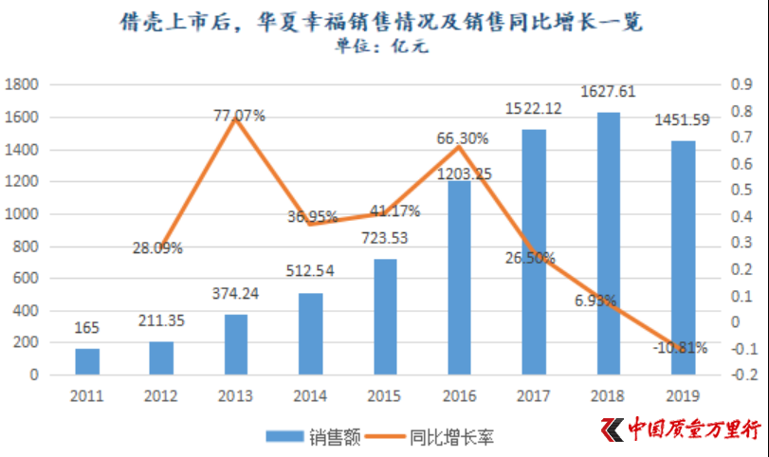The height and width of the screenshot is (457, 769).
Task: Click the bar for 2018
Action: pos(609,244)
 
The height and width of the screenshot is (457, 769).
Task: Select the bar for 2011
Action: pos(87,361)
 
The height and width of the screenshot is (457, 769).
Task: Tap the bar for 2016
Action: pos(460,278)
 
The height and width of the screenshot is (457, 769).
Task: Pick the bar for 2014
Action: pos(310,334)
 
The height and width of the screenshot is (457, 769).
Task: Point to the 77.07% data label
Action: pos(238,116)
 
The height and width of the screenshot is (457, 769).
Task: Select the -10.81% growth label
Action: pos(680,347)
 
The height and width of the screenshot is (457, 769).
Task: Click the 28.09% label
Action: pos(157,248)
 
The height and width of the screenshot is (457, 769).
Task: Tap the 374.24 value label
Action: pos(236,294)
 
